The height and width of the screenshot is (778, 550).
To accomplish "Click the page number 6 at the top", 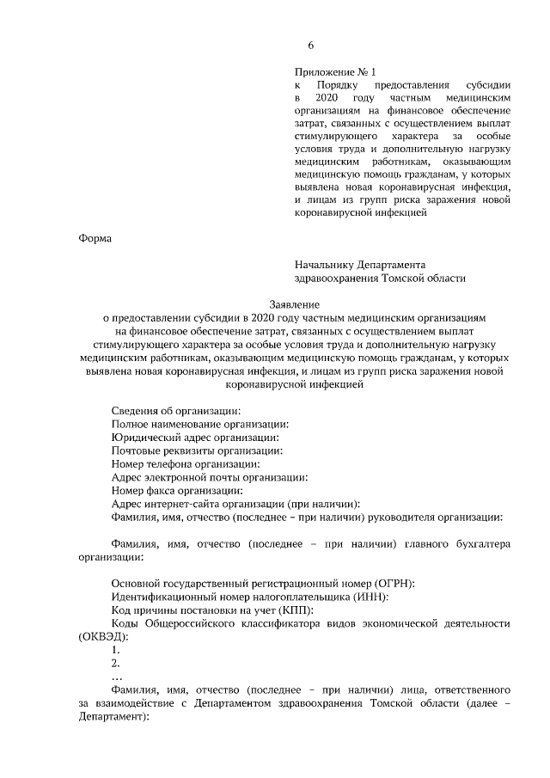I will (x=311, y=46).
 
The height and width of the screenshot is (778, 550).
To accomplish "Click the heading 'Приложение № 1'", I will (x=335, y=72).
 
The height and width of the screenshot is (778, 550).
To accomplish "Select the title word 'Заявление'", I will (x=294, y=304).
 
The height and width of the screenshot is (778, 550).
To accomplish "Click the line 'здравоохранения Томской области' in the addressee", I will (x=379, y=279).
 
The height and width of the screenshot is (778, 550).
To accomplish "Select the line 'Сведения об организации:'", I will (x=176, y=410).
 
